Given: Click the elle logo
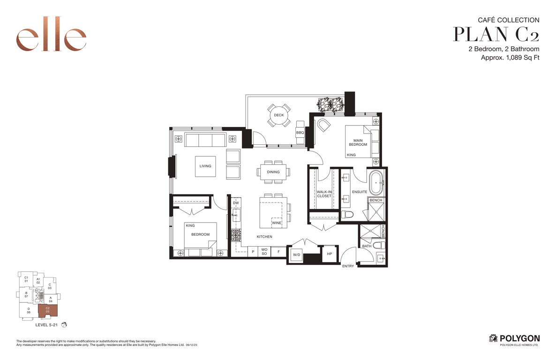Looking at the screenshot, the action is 51,34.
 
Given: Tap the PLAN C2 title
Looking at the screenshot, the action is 496,34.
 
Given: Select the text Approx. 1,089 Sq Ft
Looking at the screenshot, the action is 510,58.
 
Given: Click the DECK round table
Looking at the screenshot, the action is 279,115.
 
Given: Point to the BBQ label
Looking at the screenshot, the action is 300,133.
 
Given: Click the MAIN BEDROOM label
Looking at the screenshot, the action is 358,142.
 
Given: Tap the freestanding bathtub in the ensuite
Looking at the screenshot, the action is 376,183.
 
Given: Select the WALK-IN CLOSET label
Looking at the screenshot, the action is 324,194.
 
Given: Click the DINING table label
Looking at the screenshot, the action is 273,172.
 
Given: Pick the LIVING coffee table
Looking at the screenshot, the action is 205,166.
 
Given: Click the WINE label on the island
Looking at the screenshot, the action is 277,223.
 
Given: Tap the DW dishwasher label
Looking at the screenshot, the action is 236,203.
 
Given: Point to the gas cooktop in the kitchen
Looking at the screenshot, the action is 236,235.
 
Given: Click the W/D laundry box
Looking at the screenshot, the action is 296,255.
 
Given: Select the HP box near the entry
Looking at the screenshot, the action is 330,254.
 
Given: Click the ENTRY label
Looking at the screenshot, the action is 348,266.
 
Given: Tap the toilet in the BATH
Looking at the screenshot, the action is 379,245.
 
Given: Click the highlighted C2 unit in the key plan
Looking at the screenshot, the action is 47,310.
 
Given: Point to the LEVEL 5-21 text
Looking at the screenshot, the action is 46,325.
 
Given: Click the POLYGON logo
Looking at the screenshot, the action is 514,339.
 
